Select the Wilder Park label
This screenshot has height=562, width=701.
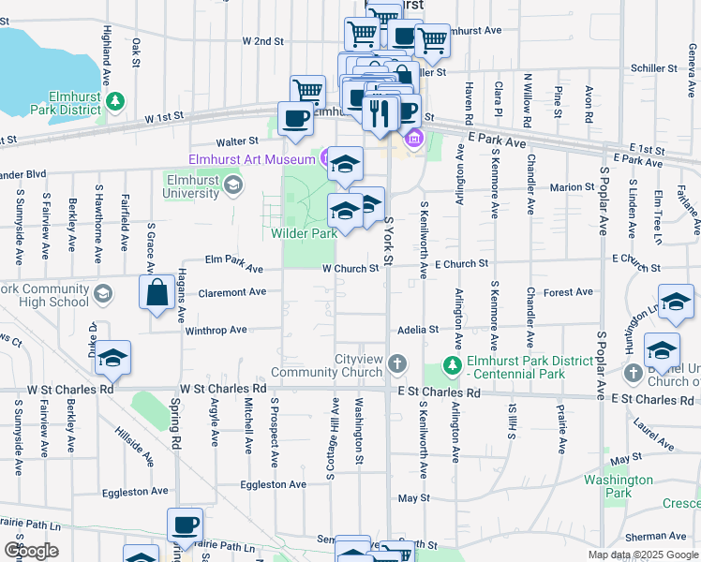pyautogui.click(x=305, y=233)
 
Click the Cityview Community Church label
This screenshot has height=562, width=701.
pyautogui.click(x=333, y=367)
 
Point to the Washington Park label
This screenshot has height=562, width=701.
pyautogui.click(x=619, y=485)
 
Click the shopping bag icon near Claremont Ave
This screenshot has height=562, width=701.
pyautogui.click(x=156, y=292)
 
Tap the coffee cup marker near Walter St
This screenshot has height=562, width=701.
pyautogui.click(x=295, y=119)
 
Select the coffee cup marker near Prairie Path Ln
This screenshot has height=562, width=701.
pyautogui.click(x=185, y=525)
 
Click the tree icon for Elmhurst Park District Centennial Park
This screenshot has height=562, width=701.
pyautogui.click(x=454, y=363)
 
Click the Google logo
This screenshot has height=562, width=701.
pyautogui.click(x=31, y=550)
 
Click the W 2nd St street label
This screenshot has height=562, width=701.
pyautogui.click(x=262, y=41)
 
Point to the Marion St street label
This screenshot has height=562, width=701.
pyautogui.click(x=572, y=187)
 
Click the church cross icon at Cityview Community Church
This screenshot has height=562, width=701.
pyautogui.click(x=397, y=363)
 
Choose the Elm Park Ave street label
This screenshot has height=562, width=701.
pyautogui.click(x=234, y=268)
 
